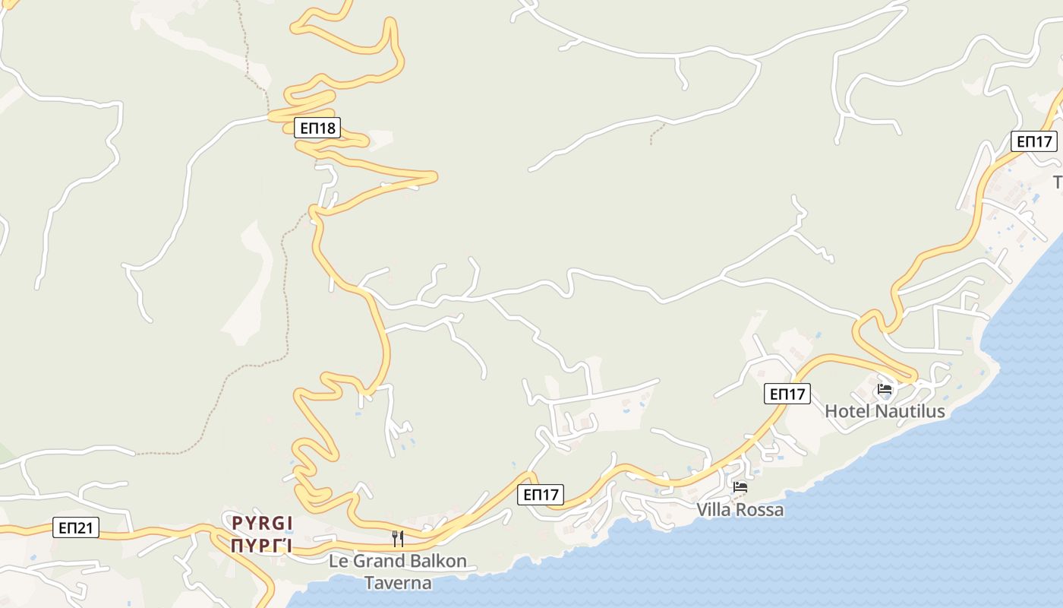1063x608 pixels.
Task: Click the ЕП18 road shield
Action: pyautogui.click(x=317, y=128)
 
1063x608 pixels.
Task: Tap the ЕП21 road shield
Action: pyautogui.click(x=76, y=527)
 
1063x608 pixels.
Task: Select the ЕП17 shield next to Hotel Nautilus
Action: pyautogui.click(x=787, y=394)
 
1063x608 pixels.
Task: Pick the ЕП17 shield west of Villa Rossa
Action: pyautogui.click(x=541, y=495)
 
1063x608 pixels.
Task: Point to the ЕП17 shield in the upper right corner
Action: pyautogui.click(x=1033, y=141)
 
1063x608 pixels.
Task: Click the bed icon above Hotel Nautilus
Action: pyautogui.click(x=885, y=389)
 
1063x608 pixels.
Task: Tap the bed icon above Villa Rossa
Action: pyautogui.click(x=740, y=486)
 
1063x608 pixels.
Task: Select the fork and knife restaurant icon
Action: pyautogui.click(x=397, y=539)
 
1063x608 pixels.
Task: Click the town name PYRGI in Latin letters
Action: pyautogui.click(x=262, y=523)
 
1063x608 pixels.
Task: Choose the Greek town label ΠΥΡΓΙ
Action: pyautogui.click(x=262, y=546)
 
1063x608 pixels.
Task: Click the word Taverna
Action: pyautogui.click(x=398, y=584)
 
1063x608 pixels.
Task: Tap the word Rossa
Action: pyautogui.click(x=762, y=510)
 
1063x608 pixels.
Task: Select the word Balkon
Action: pyautogui.click(x=434, y=562)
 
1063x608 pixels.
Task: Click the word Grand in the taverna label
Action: pyautogui.click(x=374, y=562)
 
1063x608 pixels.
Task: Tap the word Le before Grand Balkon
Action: pyautogui.click(x=337, y=562)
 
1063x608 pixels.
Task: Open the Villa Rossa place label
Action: pyautogui.click(x=740, y=510)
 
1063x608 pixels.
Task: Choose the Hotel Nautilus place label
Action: pyautogui.click(x=885, y=411)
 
